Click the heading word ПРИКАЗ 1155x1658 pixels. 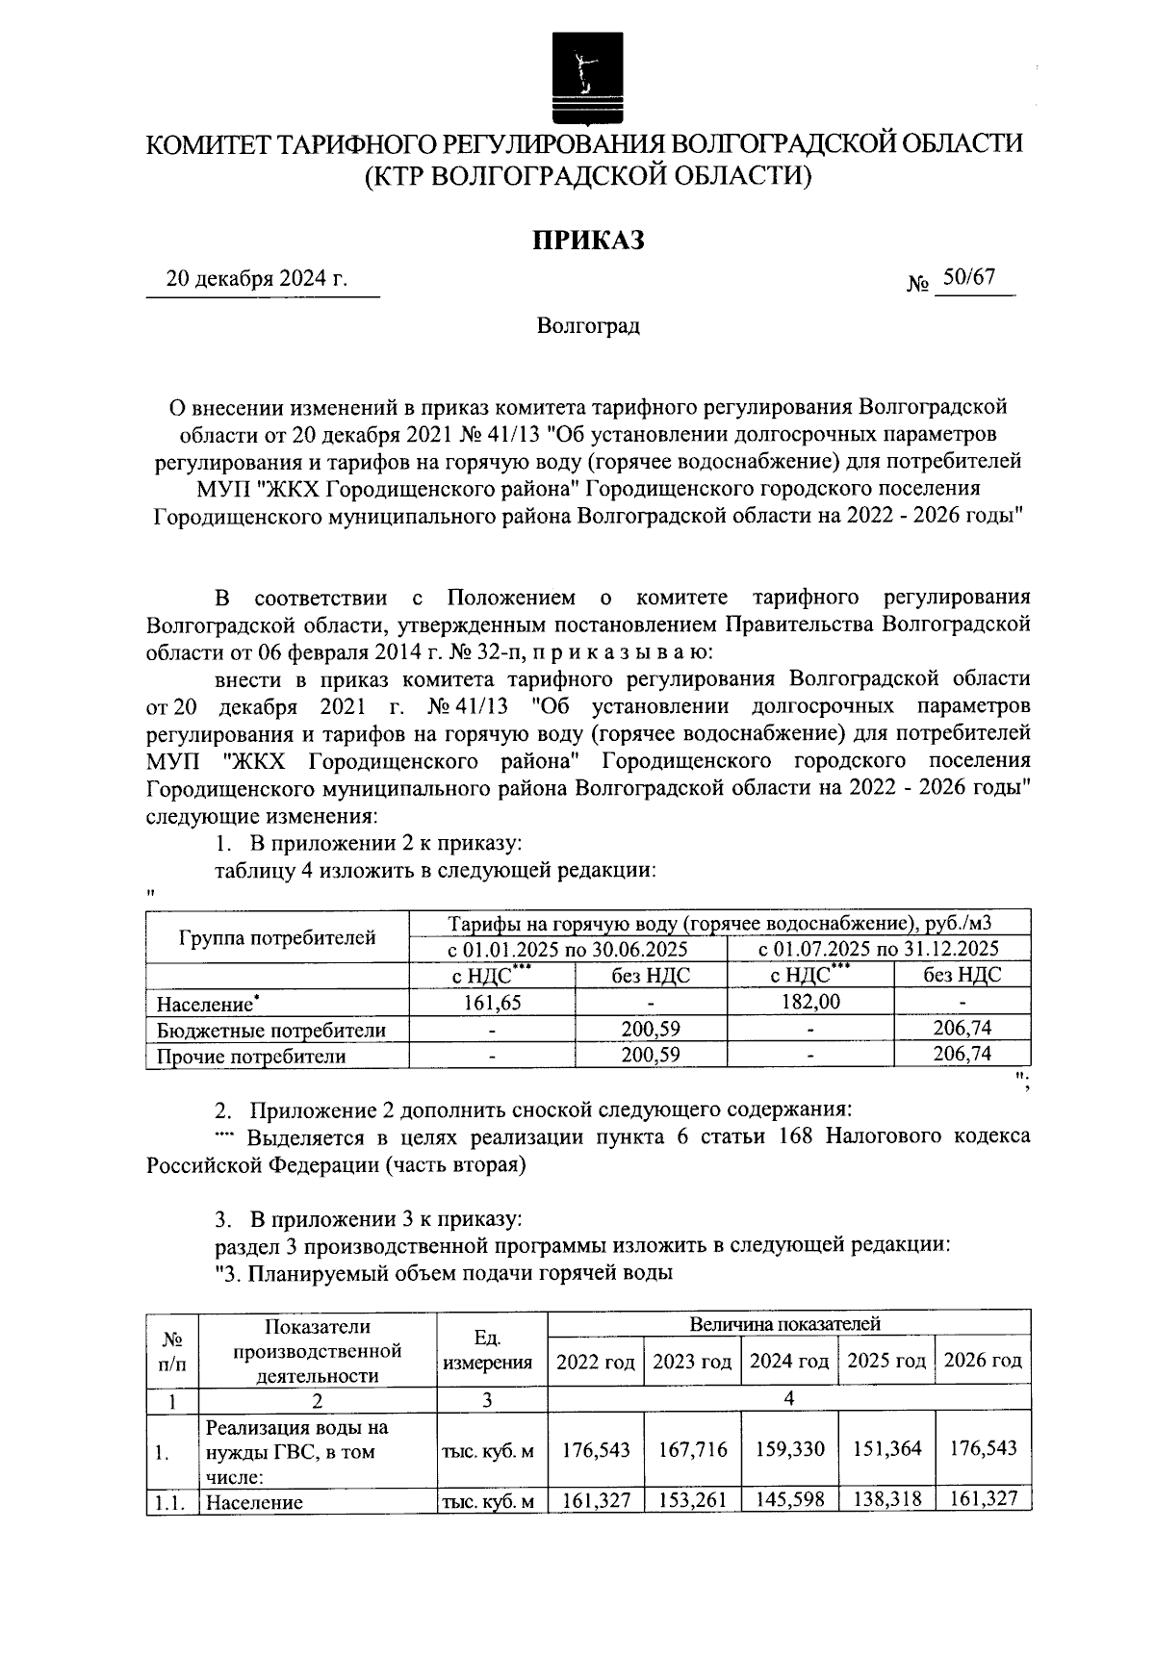[588, 240]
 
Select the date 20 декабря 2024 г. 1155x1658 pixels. [256, 280]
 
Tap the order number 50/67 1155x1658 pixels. [968, 277]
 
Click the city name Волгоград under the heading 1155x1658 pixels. [588, 325]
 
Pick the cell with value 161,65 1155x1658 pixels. [492, 1002]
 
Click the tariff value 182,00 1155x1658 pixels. [811, 1002]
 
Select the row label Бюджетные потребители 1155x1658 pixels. [271, 1030]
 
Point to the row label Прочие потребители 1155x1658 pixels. [251, 1056]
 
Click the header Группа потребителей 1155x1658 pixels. [277, 936]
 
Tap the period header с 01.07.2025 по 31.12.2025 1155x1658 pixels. [879, 949]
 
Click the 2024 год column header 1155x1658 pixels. [789, 1362]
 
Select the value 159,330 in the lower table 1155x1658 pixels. [789, 1448]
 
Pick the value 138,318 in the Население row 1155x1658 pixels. [886, 1499]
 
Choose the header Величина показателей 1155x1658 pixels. [788, 1324]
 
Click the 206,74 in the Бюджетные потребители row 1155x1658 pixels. [962, 1029]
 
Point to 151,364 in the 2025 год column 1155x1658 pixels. [886, 1448]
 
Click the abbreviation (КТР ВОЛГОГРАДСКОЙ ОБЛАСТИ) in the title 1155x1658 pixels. [588, 175]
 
